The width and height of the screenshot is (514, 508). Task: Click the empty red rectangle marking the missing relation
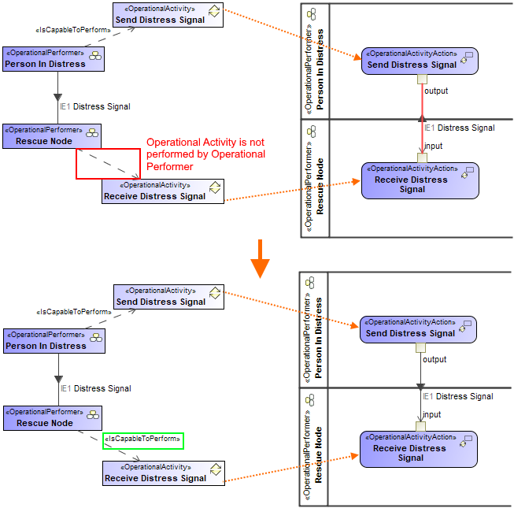pyautogui.click(x=108, y=163)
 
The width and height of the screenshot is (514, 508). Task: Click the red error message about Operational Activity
pyautogui.click(x=205, y=154)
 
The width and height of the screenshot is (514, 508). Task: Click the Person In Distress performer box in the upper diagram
pyautogui.click(x=54, y=59)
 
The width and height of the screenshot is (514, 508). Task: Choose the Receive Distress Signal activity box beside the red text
pyautogui.click(x=163, y=191)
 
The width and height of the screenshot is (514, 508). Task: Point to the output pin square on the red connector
pyautogui.click(x=422, y=79)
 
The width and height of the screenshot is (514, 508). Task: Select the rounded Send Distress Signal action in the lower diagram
pyautogui.click(x=419, y=329)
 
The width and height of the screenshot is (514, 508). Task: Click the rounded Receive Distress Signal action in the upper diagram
pyautogui.click(x=420, y=180)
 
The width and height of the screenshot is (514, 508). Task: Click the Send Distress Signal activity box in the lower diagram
pyautogui.click(x=168, y=297)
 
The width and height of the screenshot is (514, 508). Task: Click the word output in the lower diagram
pyautogui.click(x=434, y=360)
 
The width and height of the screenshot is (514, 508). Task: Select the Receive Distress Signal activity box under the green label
pyautogui.click(x=163, y=473)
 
